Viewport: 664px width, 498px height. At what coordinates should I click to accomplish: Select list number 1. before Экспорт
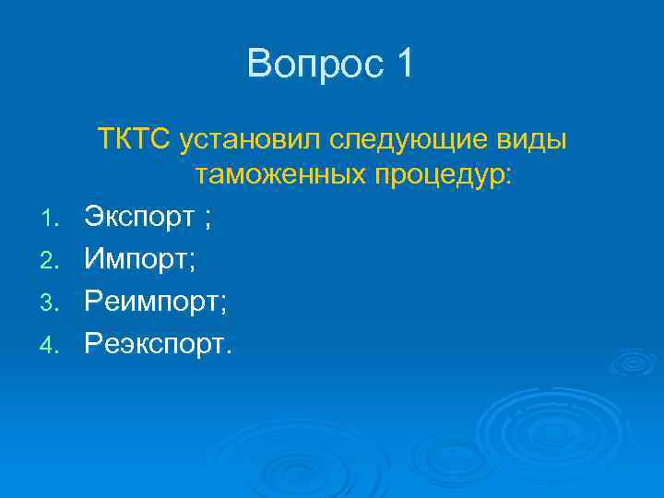[54, 219]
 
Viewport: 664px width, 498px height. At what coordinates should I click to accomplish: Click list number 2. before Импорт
[54, 261]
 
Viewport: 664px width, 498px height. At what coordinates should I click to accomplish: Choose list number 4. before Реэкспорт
[54, 346]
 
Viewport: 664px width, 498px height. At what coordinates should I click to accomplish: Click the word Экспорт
[139, 218]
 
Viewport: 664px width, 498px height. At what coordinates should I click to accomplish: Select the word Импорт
[135, 260]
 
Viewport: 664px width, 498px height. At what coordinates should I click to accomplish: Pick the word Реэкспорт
[155, 345]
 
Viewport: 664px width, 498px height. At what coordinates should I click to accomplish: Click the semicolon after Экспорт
[208, 219]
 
